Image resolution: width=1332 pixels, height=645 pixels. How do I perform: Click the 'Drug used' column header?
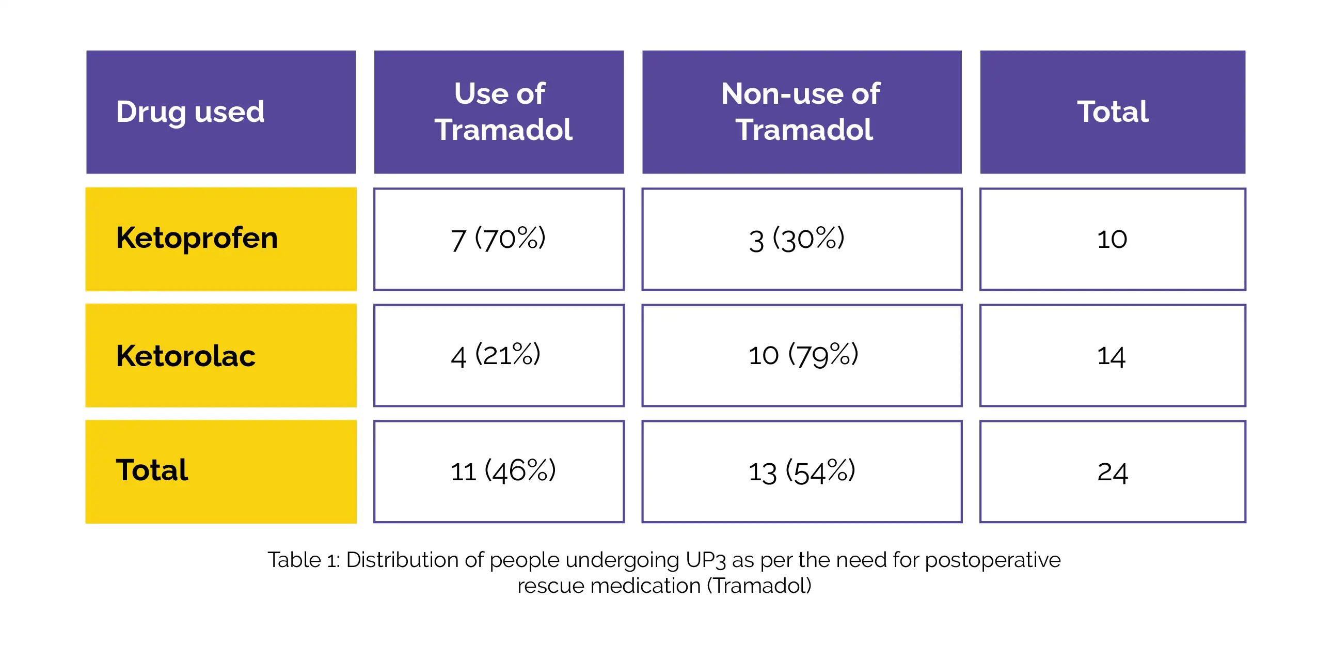(x=220, y=112)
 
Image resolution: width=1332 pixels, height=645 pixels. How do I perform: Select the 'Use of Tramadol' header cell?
(x=498, y=112)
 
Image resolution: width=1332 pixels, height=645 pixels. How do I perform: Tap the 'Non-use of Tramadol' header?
(x=801, y=112)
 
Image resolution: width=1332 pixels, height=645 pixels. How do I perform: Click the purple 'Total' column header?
(x=1112, y=112)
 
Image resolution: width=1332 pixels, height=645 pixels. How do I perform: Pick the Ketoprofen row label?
(x=220, y=239)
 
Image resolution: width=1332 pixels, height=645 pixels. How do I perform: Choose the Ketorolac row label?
(x=220, y=355)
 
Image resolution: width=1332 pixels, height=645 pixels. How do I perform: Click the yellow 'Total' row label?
(x=220, y=471)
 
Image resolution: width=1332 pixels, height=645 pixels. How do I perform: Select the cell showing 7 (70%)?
(x=498, y=239)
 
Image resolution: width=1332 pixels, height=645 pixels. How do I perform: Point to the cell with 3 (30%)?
(x=801, y=239)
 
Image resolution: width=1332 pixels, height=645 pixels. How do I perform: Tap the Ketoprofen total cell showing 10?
(x=1112, y=239)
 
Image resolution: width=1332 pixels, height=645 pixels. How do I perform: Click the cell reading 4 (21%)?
(x=498, y=355)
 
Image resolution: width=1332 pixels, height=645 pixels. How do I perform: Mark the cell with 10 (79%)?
(x=801, y=355)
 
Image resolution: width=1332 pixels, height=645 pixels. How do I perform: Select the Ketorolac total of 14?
(x=1112, y=355)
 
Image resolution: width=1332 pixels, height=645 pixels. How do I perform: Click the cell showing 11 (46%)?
(x=498, y=471)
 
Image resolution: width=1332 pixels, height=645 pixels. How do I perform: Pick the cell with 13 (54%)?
(x=801, y=471)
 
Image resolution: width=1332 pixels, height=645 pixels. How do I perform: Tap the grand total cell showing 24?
(x=1112, y=471)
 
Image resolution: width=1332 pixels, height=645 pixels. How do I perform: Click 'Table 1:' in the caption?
(x=303, y=560)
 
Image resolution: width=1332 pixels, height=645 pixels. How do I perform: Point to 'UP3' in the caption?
(x=705, y=560)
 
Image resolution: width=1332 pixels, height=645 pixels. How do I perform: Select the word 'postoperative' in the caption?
(x=992, y=560)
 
